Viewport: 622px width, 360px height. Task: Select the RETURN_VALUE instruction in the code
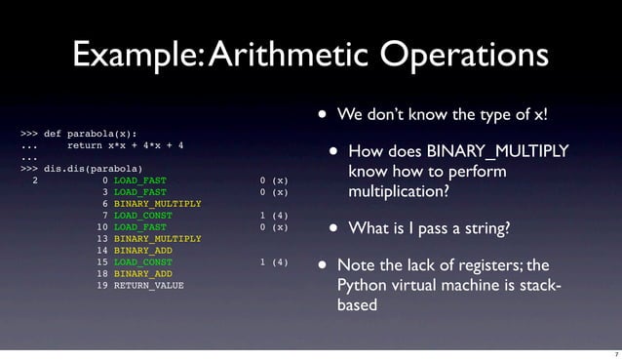[x=148, y=286]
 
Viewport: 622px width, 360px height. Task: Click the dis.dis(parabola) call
[x=99, y=169]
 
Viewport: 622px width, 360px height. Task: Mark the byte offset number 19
[x=102, y=286]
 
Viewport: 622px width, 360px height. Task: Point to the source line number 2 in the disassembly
[x=36, y=180]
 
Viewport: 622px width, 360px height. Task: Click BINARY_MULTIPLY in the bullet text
[x=497, y=150]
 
